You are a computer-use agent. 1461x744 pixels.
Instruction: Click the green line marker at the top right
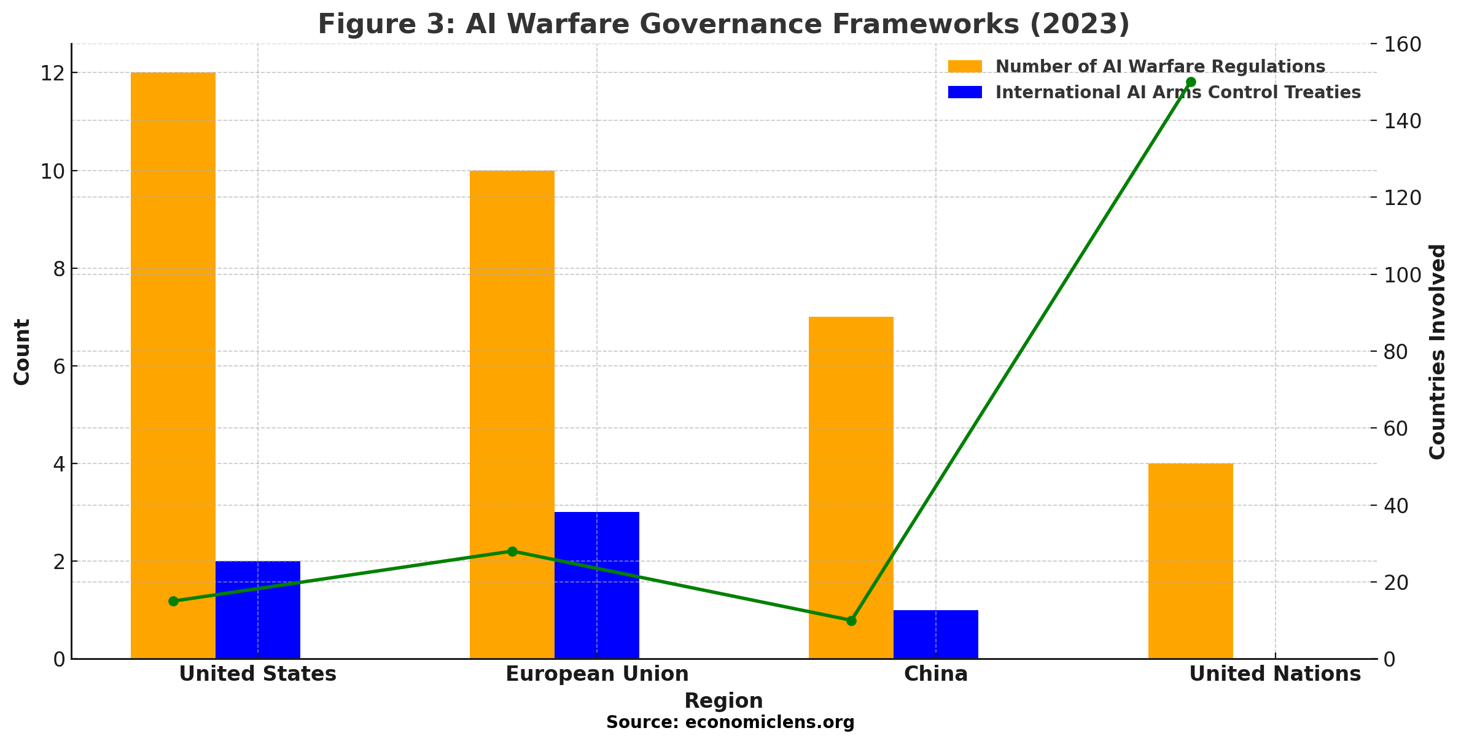(1191, 82)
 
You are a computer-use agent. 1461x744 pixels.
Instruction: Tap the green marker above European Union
(512, 551)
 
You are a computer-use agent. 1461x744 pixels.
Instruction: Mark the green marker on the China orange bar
(851, 621)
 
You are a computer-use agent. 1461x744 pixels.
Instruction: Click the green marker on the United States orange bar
(173, 601)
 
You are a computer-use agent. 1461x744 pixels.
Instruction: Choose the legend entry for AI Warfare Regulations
(1160, 66)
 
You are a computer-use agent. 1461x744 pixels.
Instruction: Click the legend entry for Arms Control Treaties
(1178, 92)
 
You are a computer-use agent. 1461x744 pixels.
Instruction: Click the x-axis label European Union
(597, 674)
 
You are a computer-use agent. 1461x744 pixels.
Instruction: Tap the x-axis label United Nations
(1275, 674)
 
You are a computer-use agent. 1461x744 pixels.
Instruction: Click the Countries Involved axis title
(1438, 351)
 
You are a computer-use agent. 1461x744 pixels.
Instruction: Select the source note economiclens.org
(730, 723)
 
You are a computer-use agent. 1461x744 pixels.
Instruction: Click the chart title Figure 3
(723, 25)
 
